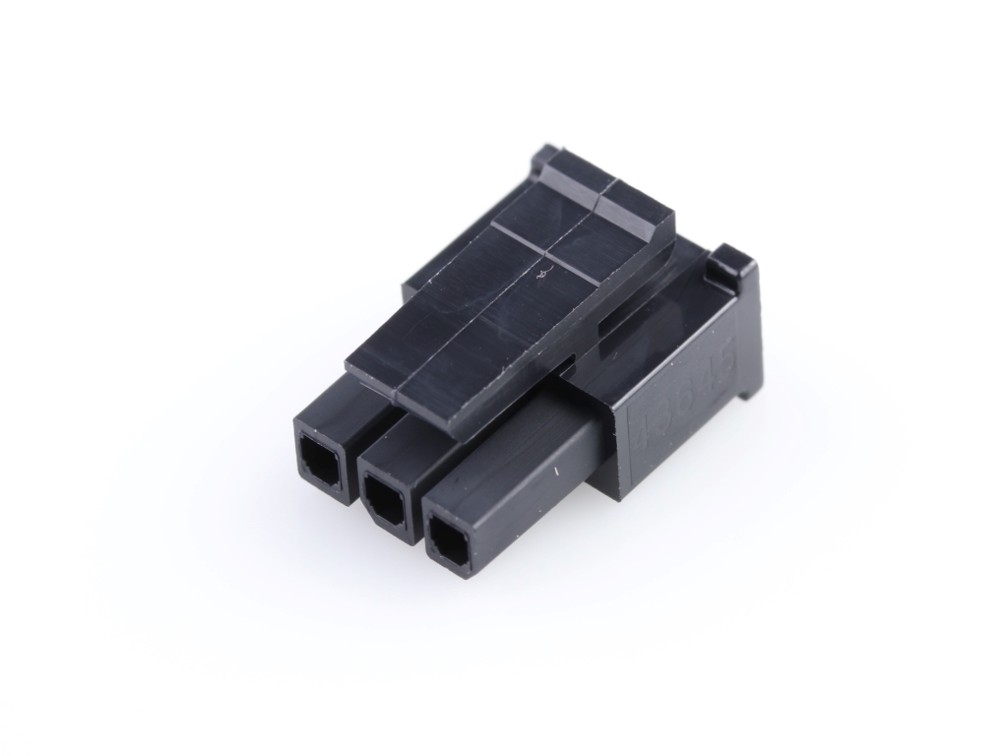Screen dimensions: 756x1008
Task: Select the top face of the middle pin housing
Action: point(394,438)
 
